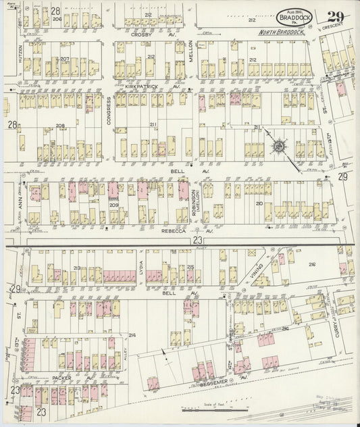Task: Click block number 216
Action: [x=312, y=265]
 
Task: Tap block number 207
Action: [x=65, y=59]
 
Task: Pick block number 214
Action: [x=132, y=335]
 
